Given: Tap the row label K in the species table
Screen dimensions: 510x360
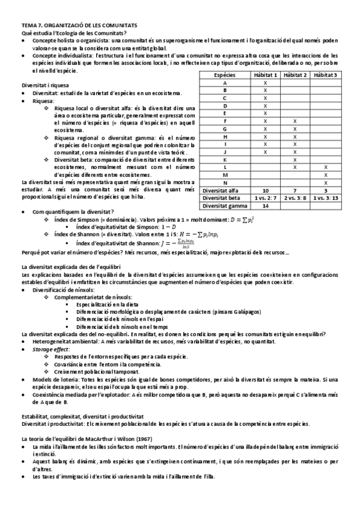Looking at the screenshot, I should coord(224,159).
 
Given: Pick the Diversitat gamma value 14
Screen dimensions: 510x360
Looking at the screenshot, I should coord(265,205).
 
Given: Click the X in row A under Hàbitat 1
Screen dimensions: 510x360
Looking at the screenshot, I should coord(265,82).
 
